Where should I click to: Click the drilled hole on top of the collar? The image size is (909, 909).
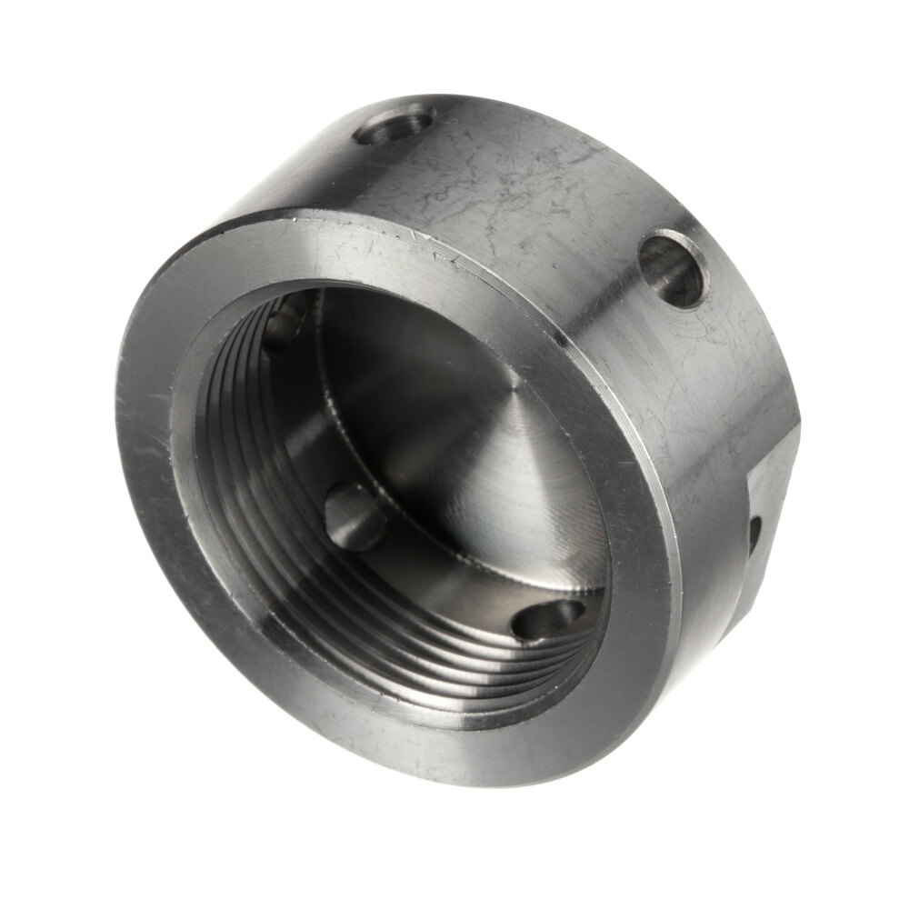(x=393, y=125)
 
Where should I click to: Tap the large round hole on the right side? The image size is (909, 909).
(x=673, y=268)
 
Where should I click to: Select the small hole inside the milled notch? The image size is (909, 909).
(x=754, y=536)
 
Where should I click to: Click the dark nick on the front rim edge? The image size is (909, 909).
(x=564, y=343)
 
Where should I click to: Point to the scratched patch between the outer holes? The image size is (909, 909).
(x=527, y=182)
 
